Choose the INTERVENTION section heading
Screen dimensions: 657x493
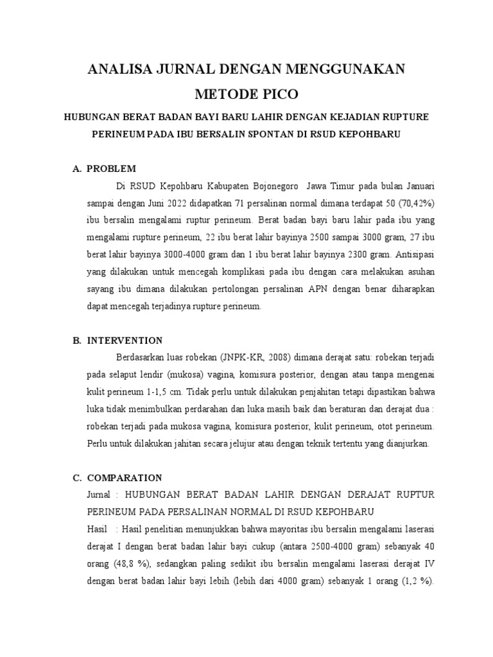(125, 340)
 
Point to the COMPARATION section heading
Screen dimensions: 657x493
(125, 478)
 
